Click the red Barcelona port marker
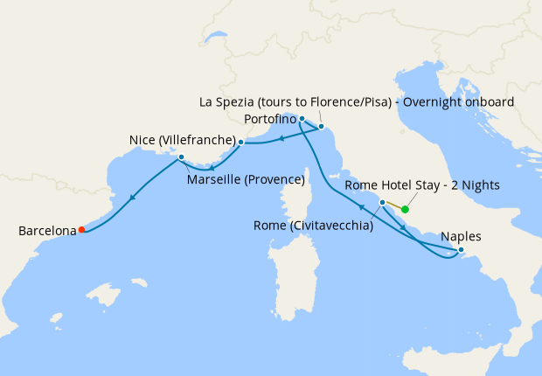point(81,230)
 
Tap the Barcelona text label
point(47,232)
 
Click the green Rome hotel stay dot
point(405,210)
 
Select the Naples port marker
point(462,251)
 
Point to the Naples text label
point(461,236)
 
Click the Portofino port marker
point(302,118)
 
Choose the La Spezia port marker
point(321,127)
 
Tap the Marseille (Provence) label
point(246,180)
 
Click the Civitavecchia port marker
point(382,202)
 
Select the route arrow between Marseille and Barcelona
point(132,197)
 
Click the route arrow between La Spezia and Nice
point(280,136)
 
